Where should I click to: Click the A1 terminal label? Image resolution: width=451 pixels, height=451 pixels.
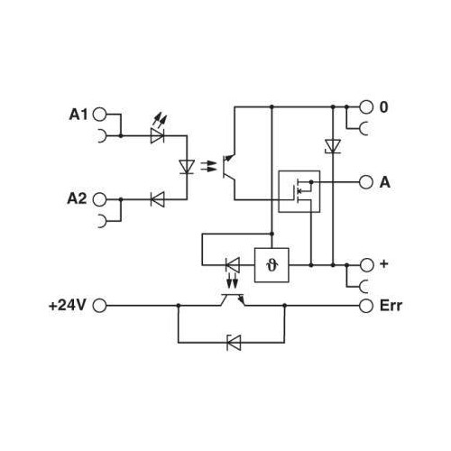pyautogui.click(x=78, y=115)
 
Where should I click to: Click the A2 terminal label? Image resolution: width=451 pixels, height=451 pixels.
pyautogui.click(x=78, y=198)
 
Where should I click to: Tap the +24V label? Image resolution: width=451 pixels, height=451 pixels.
pyautogui.click(x=67, y=306)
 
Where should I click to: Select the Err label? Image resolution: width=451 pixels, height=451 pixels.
pyautogui.click(x=390, y=306)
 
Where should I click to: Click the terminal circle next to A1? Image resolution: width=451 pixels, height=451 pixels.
pyautogui.click(x=100, y=115)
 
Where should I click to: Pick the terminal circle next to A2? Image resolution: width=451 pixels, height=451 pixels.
pyautogui.click(x=100, y=198)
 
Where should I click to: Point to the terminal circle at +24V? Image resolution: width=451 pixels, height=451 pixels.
pyautogui.click(x=100, y=306)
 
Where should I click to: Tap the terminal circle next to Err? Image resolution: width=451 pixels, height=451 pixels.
pyautogui.click(x=365, y=306)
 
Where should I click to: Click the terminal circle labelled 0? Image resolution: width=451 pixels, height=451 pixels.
pyautogui.click(x=365, y=106)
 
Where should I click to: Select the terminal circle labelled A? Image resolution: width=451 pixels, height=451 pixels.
pyautogui.click(x=365, y=181)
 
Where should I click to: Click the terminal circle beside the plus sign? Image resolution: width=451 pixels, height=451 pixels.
pyautogui.click(x=365, y=265)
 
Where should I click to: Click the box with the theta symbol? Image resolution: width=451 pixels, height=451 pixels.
pyautogui.click(x=272, y=265)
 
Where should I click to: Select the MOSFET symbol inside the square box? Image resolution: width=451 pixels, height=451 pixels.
pyautogui.click(x=299, y=190)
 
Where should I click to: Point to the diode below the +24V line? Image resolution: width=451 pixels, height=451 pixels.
pyautogui.click(x=233, y=341)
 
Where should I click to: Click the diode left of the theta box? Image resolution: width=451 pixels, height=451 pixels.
pyautogui.click(x=232, y=265)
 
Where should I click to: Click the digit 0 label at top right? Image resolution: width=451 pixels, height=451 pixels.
pyautogui.click(x=384, y=106)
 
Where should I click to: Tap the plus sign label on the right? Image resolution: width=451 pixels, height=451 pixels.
pyautogui.click(x=384, y=264)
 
